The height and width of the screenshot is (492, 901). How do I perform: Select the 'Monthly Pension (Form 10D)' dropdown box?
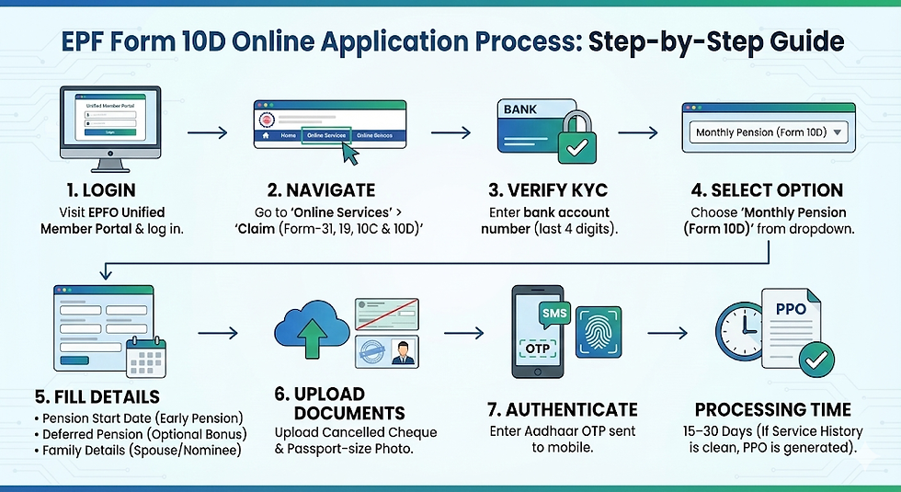[769, 132]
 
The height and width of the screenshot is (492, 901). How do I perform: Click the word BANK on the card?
[521, 109]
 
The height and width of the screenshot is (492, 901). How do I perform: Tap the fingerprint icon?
[599, 330]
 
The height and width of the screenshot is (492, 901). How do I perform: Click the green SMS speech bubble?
[555, 315]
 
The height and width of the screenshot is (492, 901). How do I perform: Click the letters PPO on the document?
[791, 309]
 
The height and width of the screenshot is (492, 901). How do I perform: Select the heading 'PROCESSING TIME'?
[772, 409]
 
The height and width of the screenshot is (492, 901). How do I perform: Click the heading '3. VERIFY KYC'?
[550, 190]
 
